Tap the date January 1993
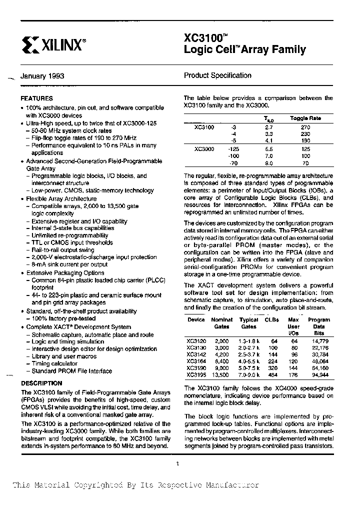point(42,76)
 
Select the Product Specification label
point(217,75)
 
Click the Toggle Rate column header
point(305,118)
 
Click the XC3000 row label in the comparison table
point(204,149)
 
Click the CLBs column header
point(271,320)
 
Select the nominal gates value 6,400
point(221,361)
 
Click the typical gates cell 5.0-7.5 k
point(248,367)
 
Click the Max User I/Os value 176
point(293,374)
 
